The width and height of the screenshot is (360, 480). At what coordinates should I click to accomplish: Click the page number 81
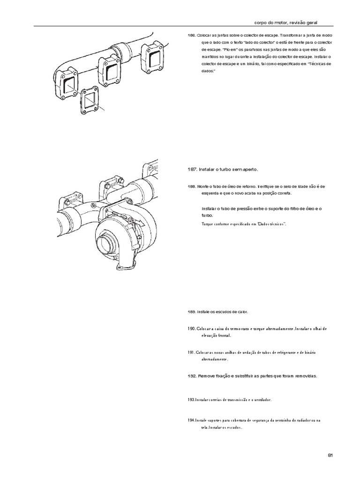point(330,455)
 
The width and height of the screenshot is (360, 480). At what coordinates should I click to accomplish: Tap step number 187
point(192,169)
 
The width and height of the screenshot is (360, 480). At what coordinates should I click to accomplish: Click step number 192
point(192,376)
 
